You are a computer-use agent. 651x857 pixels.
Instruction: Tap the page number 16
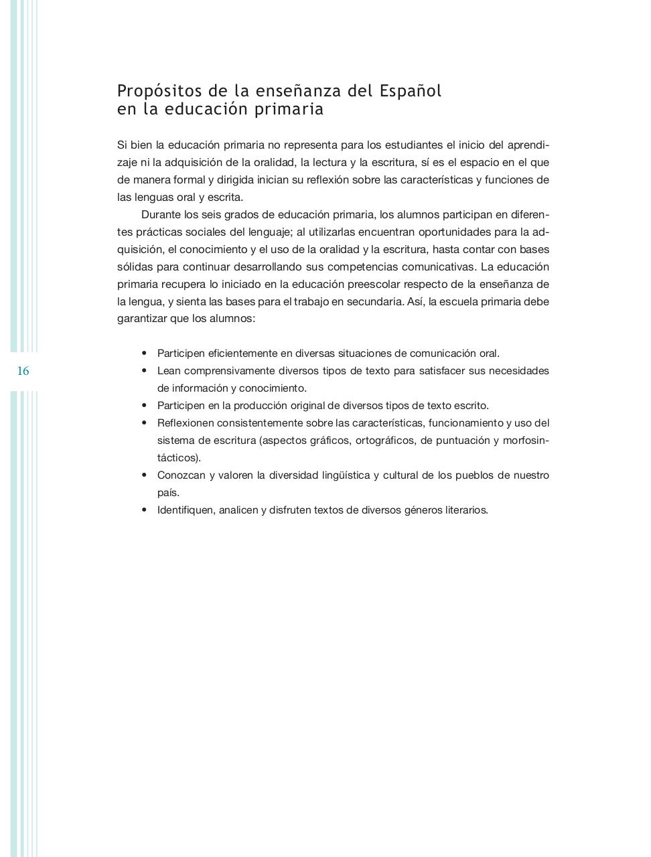(23, 371)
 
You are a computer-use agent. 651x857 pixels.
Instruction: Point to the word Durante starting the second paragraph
(161, 215)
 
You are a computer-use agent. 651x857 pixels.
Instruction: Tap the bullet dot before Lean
(144, 371)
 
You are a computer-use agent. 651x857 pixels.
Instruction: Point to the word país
(168, 493)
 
